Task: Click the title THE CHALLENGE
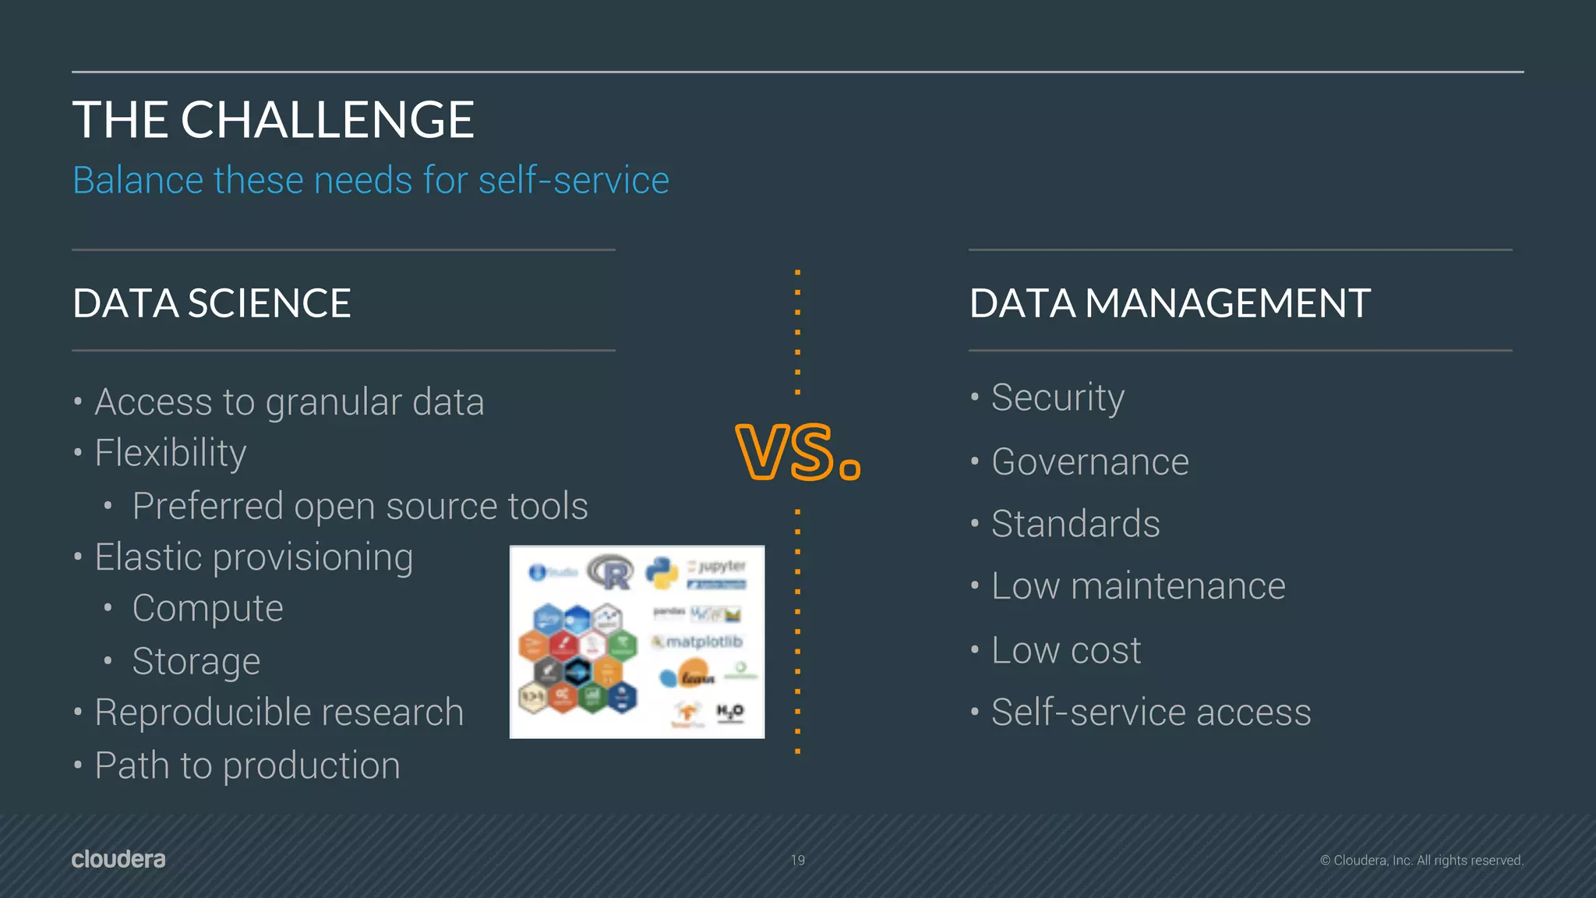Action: [273, 120]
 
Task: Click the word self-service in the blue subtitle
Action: [574, 181]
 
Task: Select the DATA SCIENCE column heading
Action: [211, 303]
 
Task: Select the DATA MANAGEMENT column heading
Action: [1170, 303]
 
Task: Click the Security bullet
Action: [1058, 398]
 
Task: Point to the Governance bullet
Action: [1089, 461]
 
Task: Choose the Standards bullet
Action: [1075, 524]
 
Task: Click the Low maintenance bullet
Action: [1138, 586]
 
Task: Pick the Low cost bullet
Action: [1065, 650]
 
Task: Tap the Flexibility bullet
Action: [170, 454]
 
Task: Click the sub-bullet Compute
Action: [207, 609]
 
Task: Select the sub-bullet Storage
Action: [196, 662]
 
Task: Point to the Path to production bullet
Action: [247, 765]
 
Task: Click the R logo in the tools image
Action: [611, 573]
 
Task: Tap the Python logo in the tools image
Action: [662, 573]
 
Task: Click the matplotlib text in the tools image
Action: [704, 642]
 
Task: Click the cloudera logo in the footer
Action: [118, 859]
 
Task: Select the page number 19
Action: [797, 860]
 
